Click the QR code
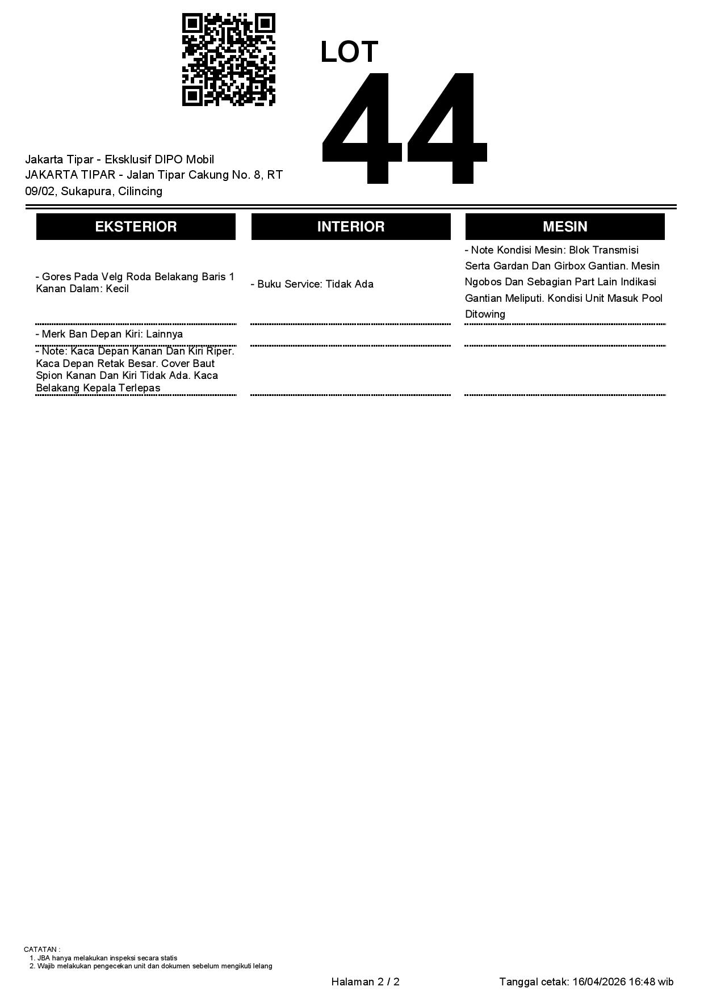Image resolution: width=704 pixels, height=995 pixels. pos(228,60)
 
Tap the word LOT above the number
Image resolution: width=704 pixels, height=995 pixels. pos(349,52)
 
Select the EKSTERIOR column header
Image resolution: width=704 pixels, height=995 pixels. pos(136,227)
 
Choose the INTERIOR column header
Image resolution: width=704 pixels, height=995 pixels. pos(351,227)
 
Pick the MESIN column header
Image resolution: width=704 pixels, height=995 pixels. pos(565,227)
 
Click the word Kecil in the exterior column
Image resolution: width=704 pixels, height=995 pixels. pos(118,289)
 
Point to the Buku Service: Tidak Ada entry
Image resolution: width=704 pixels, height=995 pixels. pos(312,284)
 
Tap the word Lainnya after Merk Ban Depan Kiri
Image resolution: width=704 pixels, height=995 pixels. pos(164,334)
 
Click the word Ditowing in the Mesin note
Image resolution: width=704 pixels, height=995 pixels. pos(485,314)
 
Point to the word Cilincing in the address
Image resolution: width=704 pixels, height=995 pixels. pos(140,191)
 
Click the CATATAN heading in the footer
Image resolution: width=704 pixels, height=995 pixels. pos(41,949)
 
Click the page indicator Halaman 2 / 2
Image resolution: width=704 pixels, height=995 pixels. pos(365,982)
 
